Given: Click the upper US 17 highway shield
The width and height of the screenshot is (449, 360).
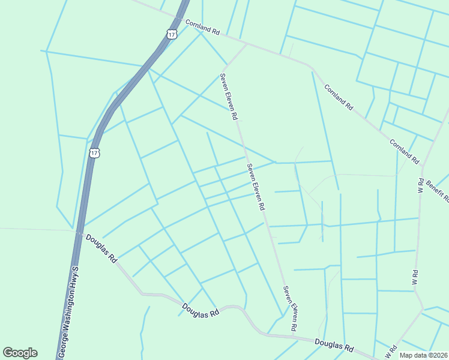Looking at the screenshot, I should [x=172, y=34].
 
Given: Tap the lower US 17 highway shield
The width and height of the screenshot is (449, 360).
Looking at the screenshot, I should [x=94, y=153].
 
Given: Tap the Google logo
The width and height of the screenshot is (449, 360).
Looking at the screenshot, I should [x=20, y=353].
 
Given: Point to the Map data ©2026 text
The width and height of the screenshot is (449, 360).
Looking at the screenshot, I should [x=423, y=355].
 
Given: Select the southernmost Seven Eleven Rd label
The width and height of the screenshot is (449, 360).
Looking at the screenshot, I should [x=291, y=308].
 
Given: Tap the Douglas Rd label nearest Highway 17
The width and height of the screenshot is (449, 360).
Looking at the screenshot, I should [x=101, y=248].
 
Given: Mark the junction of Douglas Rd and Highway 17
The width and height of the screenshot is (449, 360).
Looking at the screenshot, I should [x=79, y=231].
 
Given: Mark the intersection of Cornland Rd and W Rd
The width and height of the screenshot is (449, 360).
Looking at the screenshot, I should [x=423, y=165].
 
